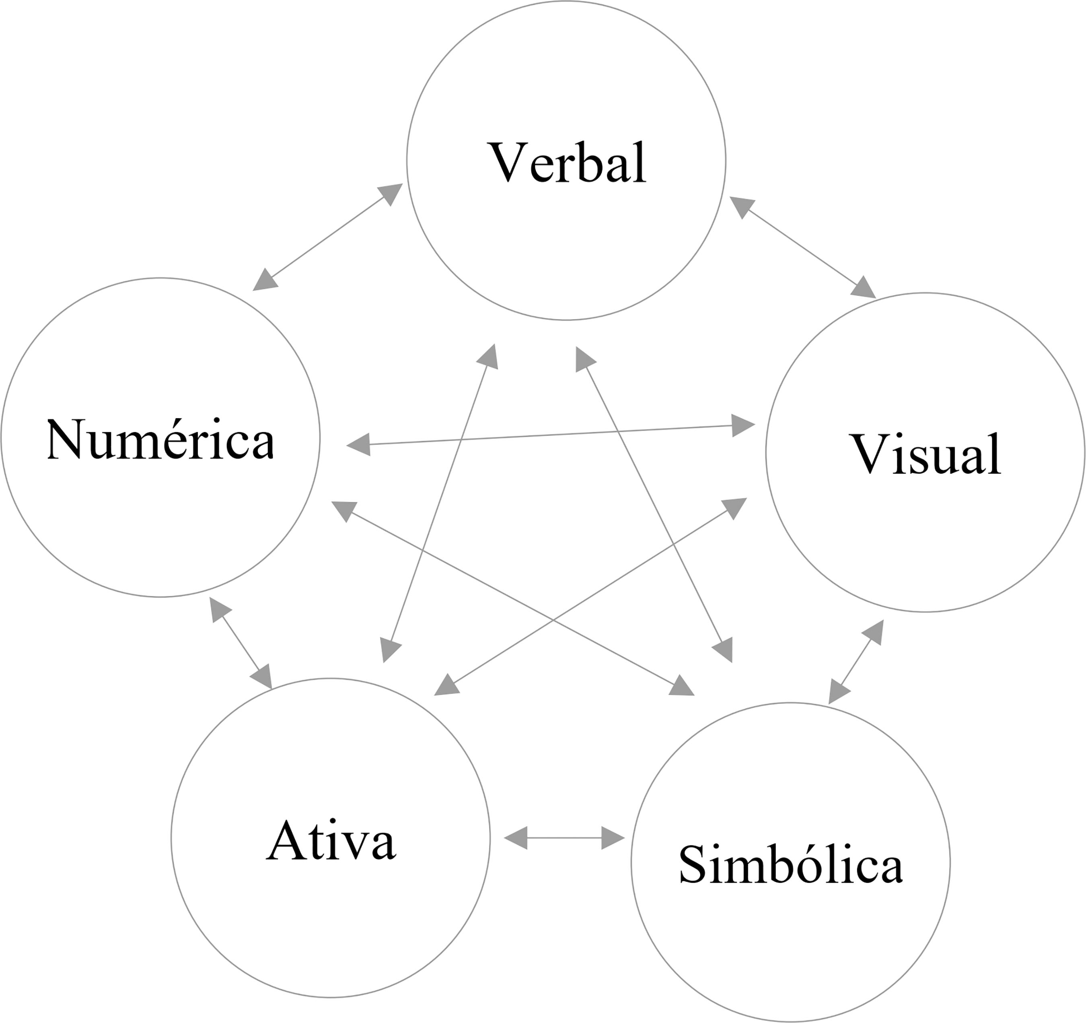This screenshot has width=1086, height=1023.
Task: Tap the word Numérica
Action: pyautogui.click(x=160, y=439)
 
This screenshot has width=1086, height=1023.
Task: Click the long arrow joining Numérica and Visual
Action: pyautogui.click(x=551, y=435)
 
